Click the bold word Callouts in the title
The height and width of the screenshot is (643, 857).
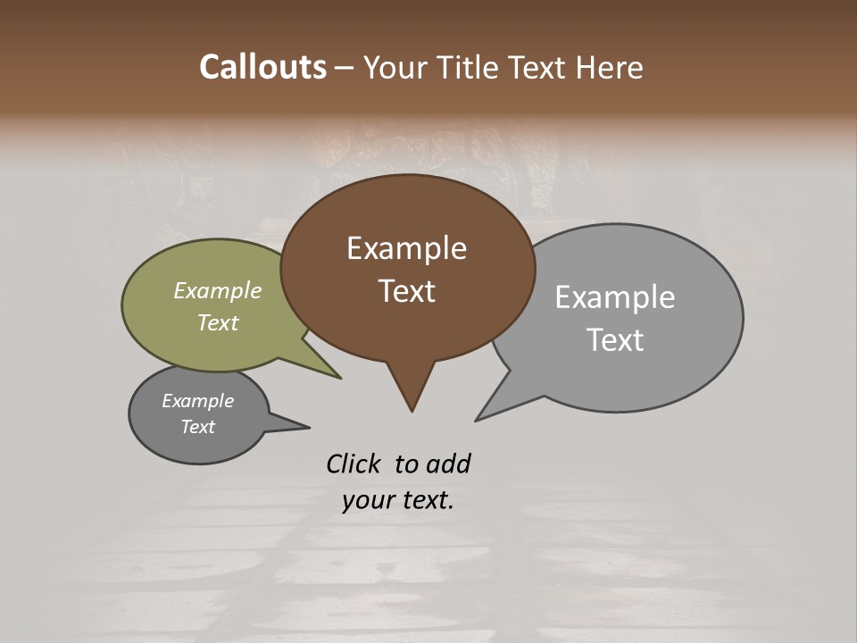pyautogui.click(x=262, y=67)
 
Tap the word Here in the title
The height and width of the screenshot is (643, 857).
pyautogui.click(x=609, y=67)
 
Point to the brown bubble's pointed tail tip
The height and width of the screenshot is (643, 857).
pyautogui.click(x=412, y=411)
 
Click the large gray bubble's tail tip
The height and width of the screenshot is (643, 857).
pyautogui.click(x=477, y=420)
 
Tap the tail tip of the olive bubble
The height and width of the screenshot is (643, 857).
pyautogui.click(x=340, y=378)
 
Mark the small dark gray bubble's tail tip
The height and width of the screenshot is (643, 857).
pyautogui.click(x=309, y=427)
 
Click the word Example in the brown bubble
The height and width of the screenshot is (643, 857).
pyautogui.click(x=406, y=248)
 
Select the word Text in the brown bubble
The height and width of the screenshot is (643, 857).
pyautogui.click(x=406, y=291)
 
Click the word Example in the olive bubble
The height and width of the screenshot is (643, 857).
pyautogui.click(x=217, y=290)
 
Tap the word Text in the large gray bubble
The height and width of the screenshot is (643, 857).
pyautogui.click(x=615, y=340)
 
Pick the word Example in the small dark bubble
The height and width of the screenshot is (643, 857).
pyautogui.click(x=197, y=401)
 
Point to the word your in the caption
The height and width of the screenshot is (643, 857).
pyautogui.click(x=368, y=500)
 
